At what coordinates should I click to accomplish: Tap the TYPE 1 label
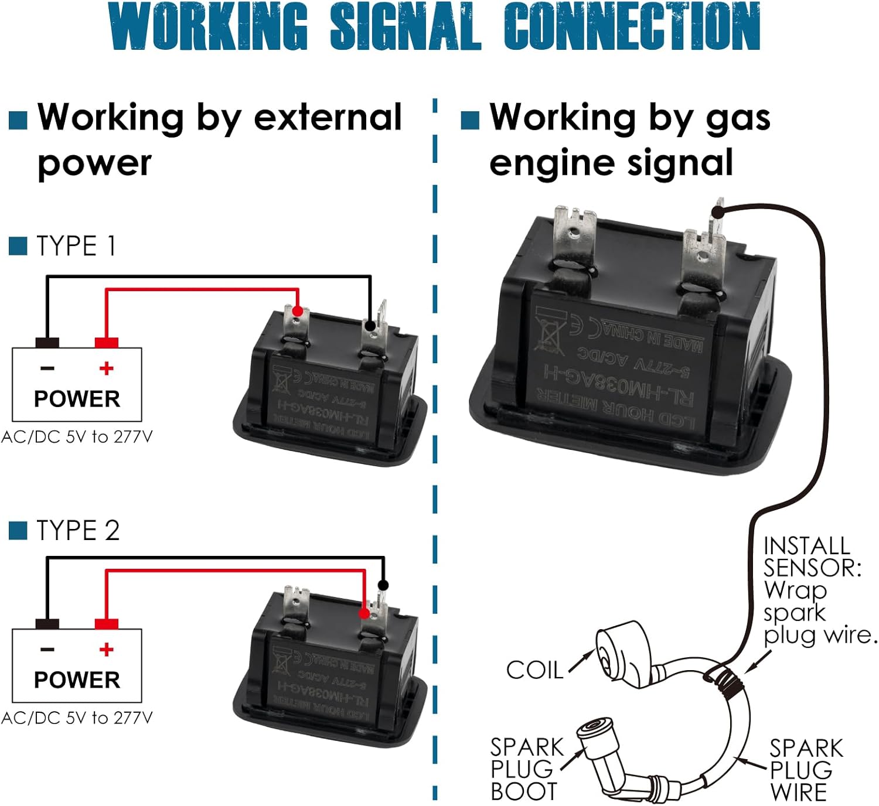point(76,246)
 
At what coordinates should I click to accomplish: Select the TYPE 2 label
point(78,531)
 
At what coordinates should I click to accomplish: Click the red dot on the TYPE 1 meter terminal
point(297,311)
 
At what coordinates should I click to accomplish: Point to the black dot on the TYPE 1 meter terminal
point(370,325)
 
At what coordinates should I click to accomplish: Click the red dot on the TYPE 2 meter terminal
point(364,613)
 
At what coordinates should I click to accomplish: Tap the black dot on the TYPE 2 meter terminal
point(383,585)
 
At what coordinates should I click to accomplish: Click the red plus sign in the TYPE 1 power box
point(106,368)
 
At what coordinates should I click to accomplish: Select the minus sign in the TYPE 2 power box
point(47,649)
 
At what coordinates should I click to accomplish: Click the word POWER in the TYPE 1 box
point(77,399)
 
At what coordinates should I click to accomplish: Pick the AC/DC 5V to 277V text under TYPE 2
point(77,718)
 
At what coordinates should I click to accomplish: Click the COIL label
point(534,670)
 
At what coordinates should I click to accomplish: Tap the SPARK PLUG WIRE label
point(806,770)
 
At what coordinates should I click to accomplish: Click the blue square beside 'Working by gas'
point(470,120)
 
